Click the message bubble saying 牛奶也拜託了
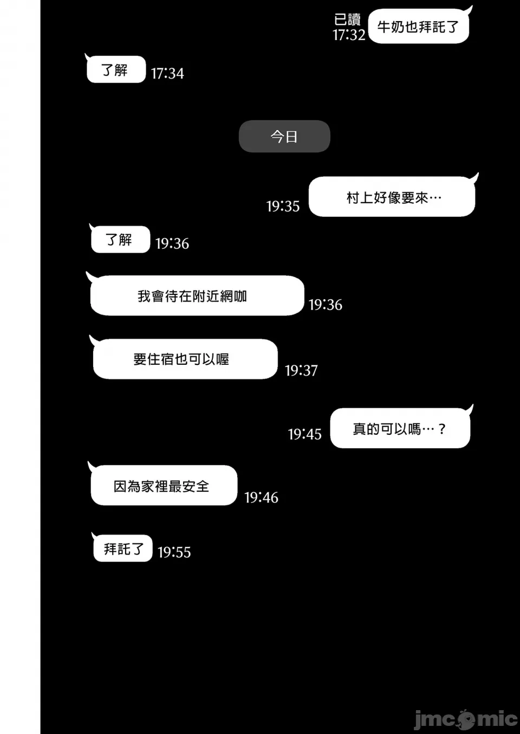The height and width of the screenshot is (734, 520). [419, 26]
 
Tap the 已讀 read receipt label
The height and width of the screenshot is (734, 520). [347, 20]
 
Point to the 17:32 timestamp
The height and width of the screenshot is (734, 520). [349, 35]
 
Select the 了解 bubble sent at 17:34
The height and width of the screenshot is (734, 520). [115, 69]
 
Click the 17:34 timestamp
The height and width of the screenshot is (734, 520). [167, 73]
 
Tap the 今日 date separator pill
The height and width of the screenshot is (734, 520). [284, 136]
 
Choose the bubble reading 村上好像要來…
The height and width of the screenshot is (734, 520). [392, 196]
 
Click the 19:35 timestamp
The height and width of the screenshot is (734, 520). [283, 206]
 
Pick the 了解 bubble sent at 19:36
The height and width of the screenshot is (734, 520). [120, 239]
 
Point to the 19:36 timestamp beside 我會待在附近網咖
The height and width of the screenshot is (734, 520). [326, 305]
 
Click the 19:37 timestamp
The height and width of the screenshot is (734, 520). [301, 371]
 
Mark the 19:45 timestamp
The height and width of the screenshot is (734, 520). [305, 434]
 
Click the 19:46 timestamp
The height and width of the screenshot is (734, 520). [261, 498]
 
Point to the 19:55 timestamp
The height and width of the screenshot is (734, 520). [174, 552]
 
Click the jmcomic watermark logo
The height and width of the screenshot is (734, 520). [466, 719]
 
